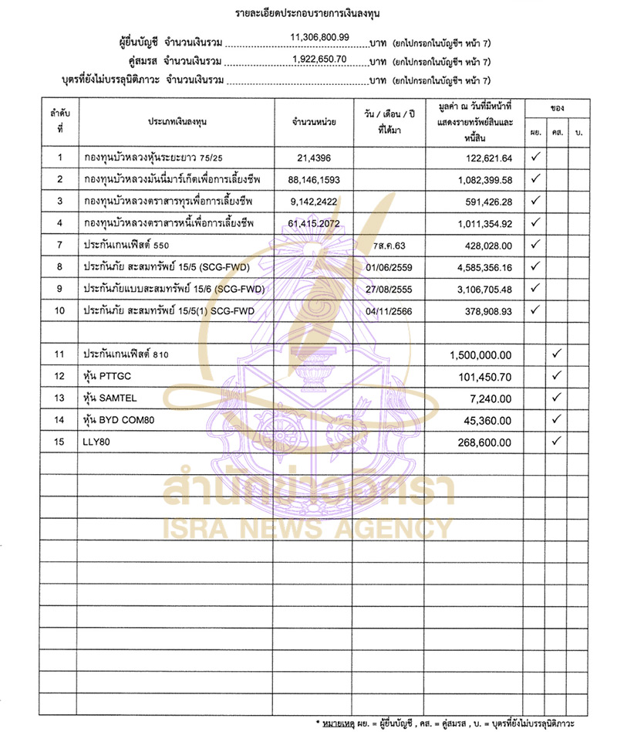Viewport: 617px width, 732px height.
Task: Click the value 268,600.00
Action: pyautogui.click(x=482, y=442)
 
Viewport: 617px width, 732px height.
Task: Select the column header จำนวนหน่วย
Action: pyautogui.click(x=313, y=122)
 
